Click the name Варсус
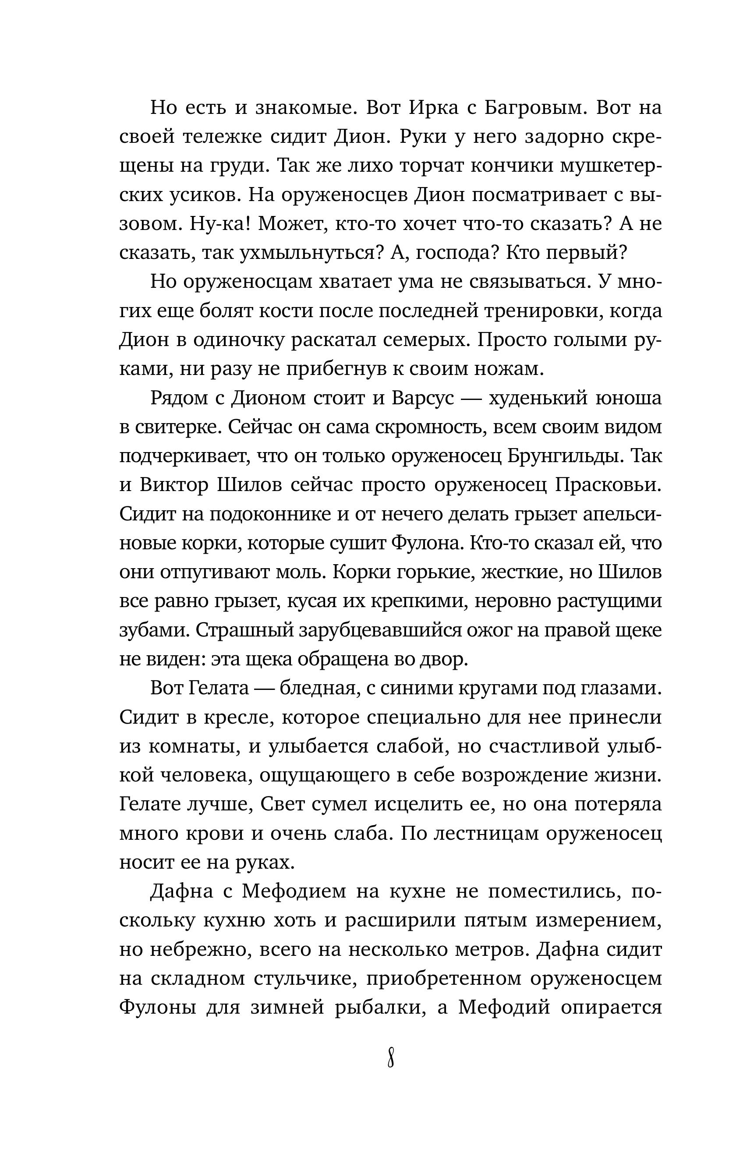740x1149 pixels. [423, 398]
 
